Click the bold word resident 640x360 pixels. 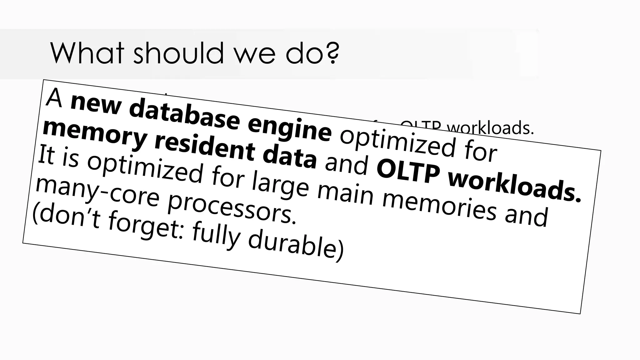pyautogui.click(x=204, y=149)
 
